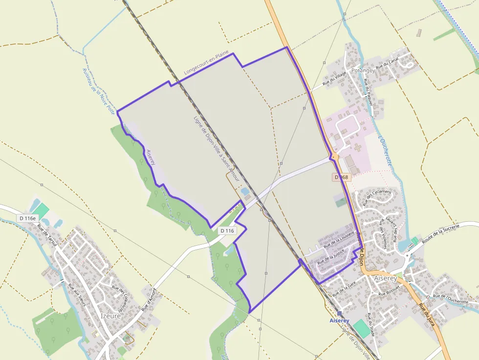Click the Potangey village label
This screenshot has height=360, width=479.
click(x=363, y=70)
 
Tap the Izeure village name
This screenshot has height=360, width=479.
click(x=111, y=316)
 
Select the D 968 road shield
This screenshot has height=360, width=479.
click(x=341, y=177)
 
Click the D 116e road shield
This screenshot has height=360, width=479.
click(x=27, y=218)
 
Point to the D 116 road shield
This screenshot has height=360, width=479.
click(x=227, y=231)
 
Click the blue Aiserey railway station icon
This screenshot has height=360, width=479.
click(x=339, y=314)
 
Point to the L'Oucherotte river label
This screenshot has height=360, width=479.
click(x=385, y=151)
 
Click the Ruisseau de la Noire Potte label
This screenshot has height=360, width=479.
click(x=98, y=87)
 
